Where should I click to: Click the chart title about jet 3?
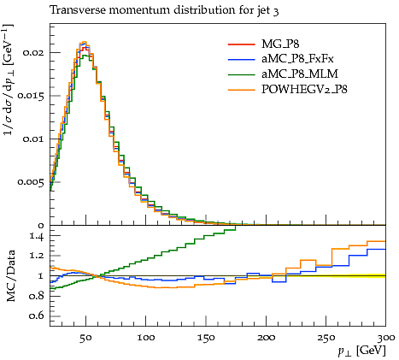(164, 10)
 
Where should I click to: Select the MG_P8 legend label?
(280, 44)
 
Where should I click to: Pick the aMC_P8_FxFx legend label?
(297, 59)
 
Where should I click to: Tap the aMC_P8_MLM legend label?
(300, 74)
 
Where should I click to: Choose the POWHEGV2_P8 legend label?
(304, 90)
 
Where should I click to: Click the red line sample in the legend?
(241, 44)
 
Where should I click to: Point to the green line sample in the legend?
(241, 74)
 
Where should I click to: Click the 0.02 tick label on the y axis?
(34, 52)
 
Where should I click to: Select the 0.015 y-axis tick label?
(32, 96)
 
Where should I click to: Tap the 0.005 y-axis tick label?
(32, 182)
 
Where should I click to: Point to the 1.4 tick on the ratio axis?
(38, 237)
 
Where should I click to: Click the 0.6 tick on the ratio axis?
(38, 316)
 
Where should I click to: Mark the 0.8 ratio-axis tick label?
(38, 296)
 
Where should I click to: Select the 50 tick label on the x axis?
(85, 338)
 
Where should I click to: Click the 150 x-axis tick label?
(206, 338)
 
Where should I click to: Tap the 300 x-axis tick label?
(385, 338)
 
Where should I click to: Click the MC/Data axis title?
(10, 276)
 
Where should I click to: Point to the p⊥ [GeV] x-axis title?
(361, 351)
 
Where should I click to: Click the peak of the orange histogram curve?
(84, 42)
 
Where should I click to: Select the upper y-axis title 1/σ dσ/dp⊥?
(9, 80)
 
